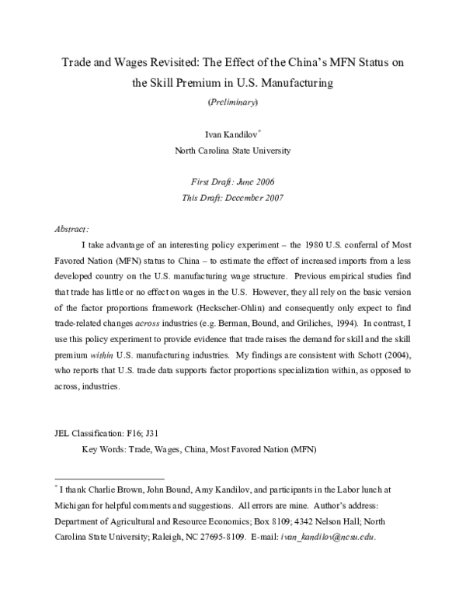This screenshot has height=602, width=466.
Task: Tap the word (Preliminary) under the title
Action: tap(232, 101)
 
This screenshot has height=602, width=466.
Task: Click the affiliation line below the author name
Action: tap(232, 151)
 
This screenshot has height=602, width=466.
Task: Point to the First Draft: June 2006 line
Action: tap(232, 182)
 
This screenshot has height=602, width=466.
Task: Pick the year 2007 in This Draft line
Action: tap(270, 197)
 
